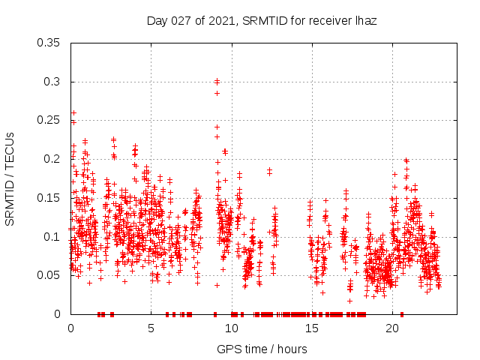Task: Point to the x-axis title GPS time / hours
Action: [262, 349]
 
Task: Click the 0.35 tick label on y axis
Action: [49, 43]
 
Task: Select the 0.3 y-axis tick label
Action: [52, 82]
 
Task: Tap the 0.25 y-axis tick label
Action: [49, 120]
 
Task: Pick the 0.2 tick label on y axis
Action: [52, 159]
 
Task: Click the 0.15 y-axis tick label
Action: [49, 198]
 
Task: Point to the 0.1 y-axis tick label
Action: [52, 236]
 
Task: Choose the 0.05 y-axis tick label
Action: [49, 275]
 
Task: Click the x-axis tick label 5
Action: [151, 328]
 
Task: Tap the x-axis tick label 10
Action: [231, 328]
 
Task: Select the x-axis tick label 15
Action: [311, 328]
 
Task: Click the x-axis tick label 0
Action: [70, 328]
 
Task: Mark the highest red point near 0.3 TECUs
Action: [217, 81]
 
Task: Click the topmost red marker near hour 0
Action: [73, 112]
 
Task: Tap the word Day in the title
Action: [156, 21]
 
